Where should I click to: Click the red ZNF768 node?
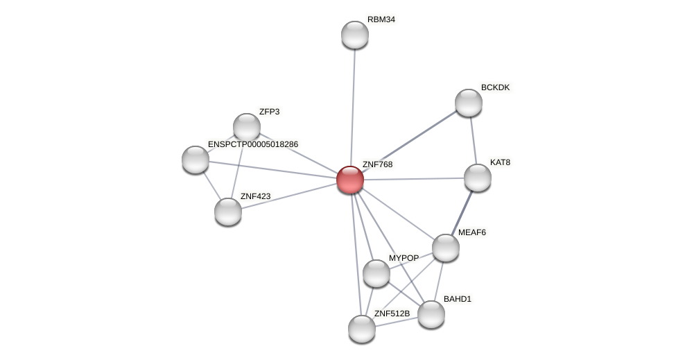point(350,180)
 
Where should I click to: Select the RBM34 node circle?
point(355,35)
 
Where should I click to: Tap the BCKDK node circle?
point(469,103)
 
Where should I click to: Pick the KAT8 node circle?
point(478,178)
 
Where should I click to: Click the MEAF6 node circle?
point(446,248)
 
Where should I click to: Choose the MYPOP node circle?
point(376,273)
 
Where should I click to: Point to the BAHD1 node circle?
point(431,314)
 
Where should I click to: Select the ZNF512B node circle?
point(362,329)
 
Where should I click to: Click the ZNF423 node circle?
point(228,212)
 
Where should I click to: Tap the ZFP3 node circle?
point(247,127)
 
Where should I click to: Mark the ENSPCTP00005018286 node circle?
point(196,160)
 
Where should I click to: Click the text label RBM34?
point(381,19)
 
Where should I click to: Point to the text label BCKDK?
point(495,87)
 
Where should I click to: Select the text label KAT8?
point(500,162)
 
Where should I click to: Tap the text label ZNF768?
point(377,164)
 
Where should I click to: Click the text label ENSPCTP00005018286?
point(253,144)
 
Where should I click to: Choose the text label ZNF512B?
point(392,314)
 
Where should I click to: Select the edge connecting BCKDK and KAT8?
point(473,140)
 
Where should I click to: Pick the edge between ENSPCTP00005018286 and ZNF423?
point(211,185)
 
